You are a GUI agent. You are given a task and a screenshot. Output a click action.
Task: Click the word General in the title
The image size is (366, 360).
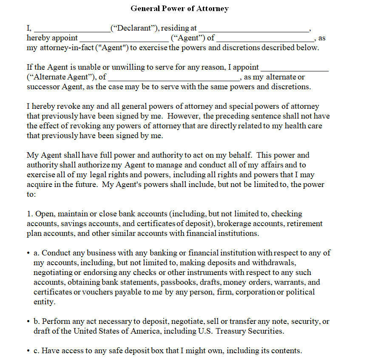tap(146, 9)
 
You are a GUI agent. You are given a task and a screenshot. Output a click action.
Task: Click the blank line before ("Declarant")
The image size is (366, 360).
tap(71, 29)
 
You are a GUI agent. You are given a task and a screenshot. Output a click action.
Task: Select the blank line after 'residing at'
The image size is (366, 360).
tap(254, 29)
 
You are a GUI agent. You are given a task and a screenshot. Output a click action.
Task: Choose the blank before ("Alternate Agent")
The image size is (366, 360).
tap(295, 68)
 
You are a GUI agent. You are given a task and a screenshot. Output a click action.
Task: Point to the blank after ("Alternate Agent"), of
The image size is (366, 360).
tap(174, 78)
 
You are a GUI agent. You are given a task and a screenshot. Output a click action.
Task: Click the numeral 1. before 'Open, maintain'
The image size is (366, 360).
tap(30, 214)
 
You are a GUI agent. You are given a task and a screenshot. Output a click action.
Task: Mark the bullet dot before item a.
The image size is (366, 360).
tap(28, 253)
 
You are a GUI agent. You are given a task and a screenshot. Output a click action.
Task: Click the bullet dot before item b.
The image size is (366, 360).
tap(28, 321)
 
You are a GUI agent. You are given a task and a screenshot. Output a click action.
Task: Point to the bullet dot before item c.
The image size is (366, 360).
tap(28, 351)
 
